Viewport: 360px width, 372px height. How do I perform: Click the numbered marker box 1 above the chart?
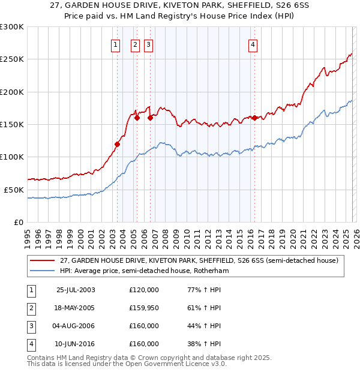click(x=115, y=44)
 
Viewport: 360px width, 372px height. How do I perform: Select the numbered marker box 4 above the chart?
click(x=253, y=44)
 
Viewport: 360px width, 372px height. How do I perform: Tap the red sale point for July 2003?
click(x=118, y=144)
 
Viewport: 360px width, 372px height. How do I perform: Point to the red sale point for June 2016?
click(x=254, y=118)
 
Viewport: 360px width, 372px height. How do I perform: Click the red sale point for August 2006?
click(x=150, y=118)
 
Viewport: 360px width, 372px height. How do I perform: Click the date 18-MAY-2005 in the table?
click(x=76, y=308)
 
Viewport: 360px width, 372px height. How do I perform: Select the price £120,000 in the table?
click(x=144, y=290)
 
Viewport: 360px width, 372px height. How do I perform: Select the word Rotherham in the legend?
click(x=209, y=271)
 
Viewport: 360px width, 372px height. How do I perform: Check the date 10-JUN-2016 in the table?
click(x=76, y=344)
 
